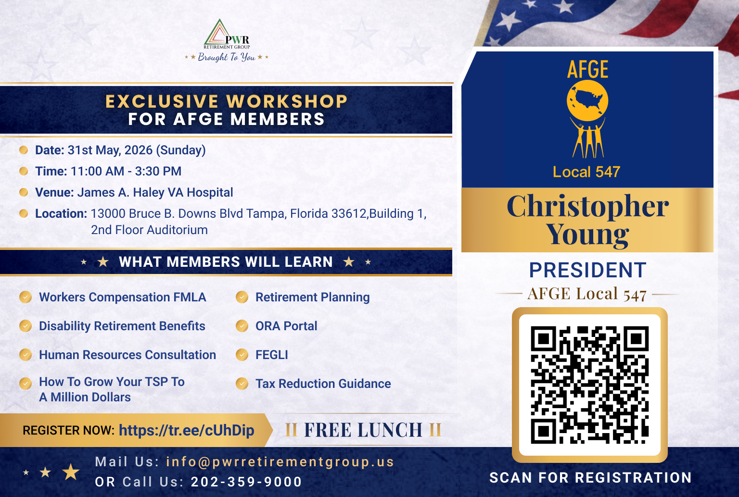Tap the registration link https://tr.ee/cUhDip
click(x=186, y=430)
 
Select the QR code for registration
click(x=589, y=385)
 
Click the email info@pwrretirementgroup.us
click(x=280, y=462)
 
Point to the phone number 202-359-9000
click(x=246, y=482)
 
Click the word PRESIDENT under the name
click(x=587, y=270)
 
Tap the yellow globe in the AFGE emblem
click(x=587, y=100)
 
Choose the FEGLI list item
click(x=271, y=355)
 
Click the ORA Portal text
click(x=286, y=326)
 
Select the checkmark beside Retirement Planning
click(x=242, y=297)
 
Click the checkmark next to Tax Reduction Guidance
click(x=242, y=384)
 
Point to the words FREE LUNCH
click(x=363, y=430)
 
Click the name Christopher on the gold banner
click(x=587, y=207)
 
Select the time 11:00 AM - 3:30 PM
click(x=126, y=172)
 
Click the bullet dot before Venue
click(x=24, y=192)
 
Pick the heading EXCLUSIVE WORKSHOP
click(x=226, y=101)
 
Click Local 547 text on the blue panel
click(x=586, y=172)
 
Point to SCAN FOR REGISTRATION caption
click(x=590, y=478)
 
